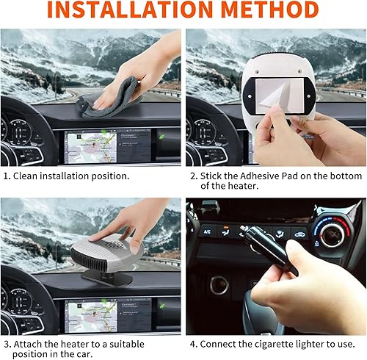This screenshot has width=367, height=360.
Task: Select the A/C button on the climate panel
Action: pos(208,229)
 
